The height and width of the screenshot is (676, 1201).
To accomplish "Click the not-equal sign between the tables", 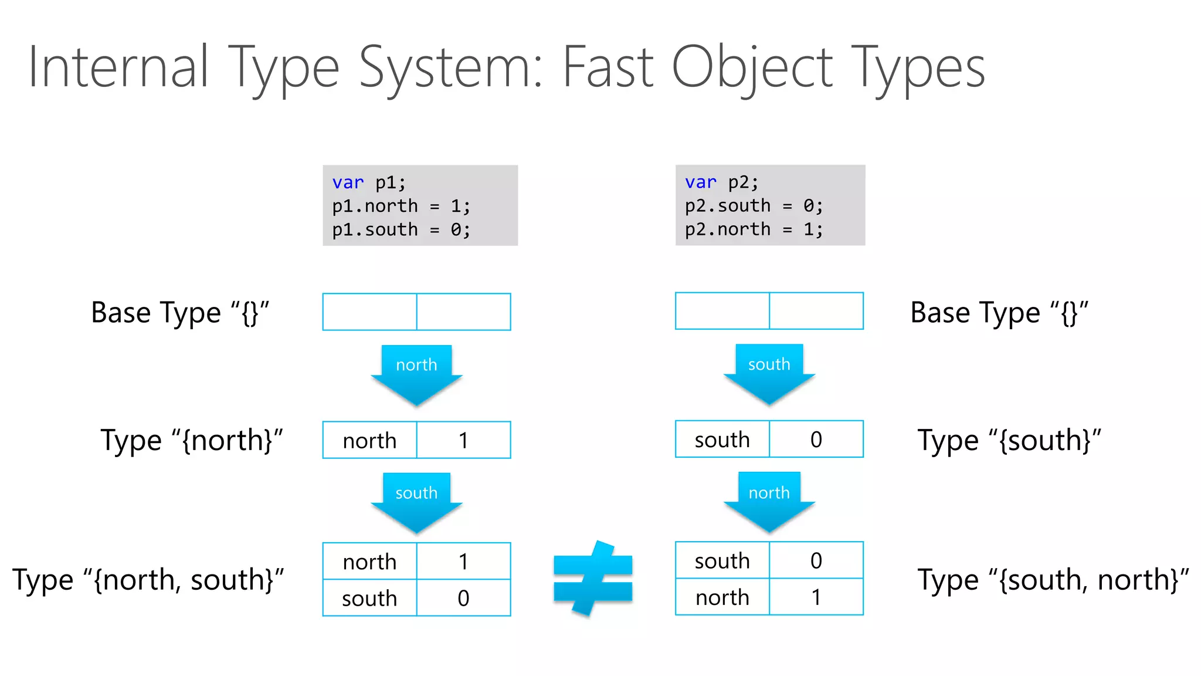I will pyautogui.click(x=593, y=579).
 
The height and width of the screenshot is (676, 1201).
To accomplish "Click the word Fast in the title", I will pyautogui.click(x=608, y=67).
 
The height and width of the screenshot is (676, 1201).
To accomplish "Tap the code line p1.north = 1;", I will pyautogui.click(x=401, y=206).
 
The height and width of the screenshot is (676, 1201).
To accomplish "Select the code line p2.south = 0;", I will pyautogui.click(x=754, y=206).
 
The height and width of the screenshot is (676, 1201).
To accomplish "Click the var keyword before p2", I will pyautogui.click(x=700, y=182).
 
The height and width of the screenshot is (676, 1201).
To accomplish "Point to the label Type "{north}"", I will pyautogui.click(x=192, y=441).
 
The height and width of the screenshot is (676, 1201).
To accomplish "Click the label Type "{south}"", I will pyautogui.click(x=1009, y=441).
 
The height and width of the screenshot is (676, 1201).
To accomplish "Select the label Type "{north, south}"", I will pyautogui.click(x=148, y=580).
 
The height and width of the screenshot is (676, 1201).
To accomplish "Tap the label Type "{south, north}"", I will pyautogui.click(x=1053, y=580).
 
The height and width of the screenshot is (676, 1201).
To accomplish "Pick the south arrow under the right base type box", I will pyautogui.click(x=769, y=373).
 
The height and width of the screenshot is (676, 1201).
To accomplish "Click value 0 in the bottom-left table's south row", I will pyautogui.click(x=463, y=598).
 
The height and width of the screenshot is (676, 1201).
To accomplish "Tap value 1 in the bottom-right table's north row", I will pyautogui.click(x=816, y=597).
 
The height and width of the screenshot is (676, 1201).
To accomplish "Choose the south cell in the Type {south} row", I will pyautogui.click(x=722, y=440).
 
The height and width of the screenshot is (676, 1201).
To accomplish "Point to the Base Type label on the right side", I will pyautogui.click(x=999, y=313).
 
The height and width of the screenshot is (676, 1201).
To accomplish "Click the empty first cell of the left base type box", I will pyautogui.click(x=369, y=312).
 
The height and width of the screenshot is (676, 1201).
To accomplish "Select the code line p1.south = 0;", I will pyautogui.click(x=401, y=229).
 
